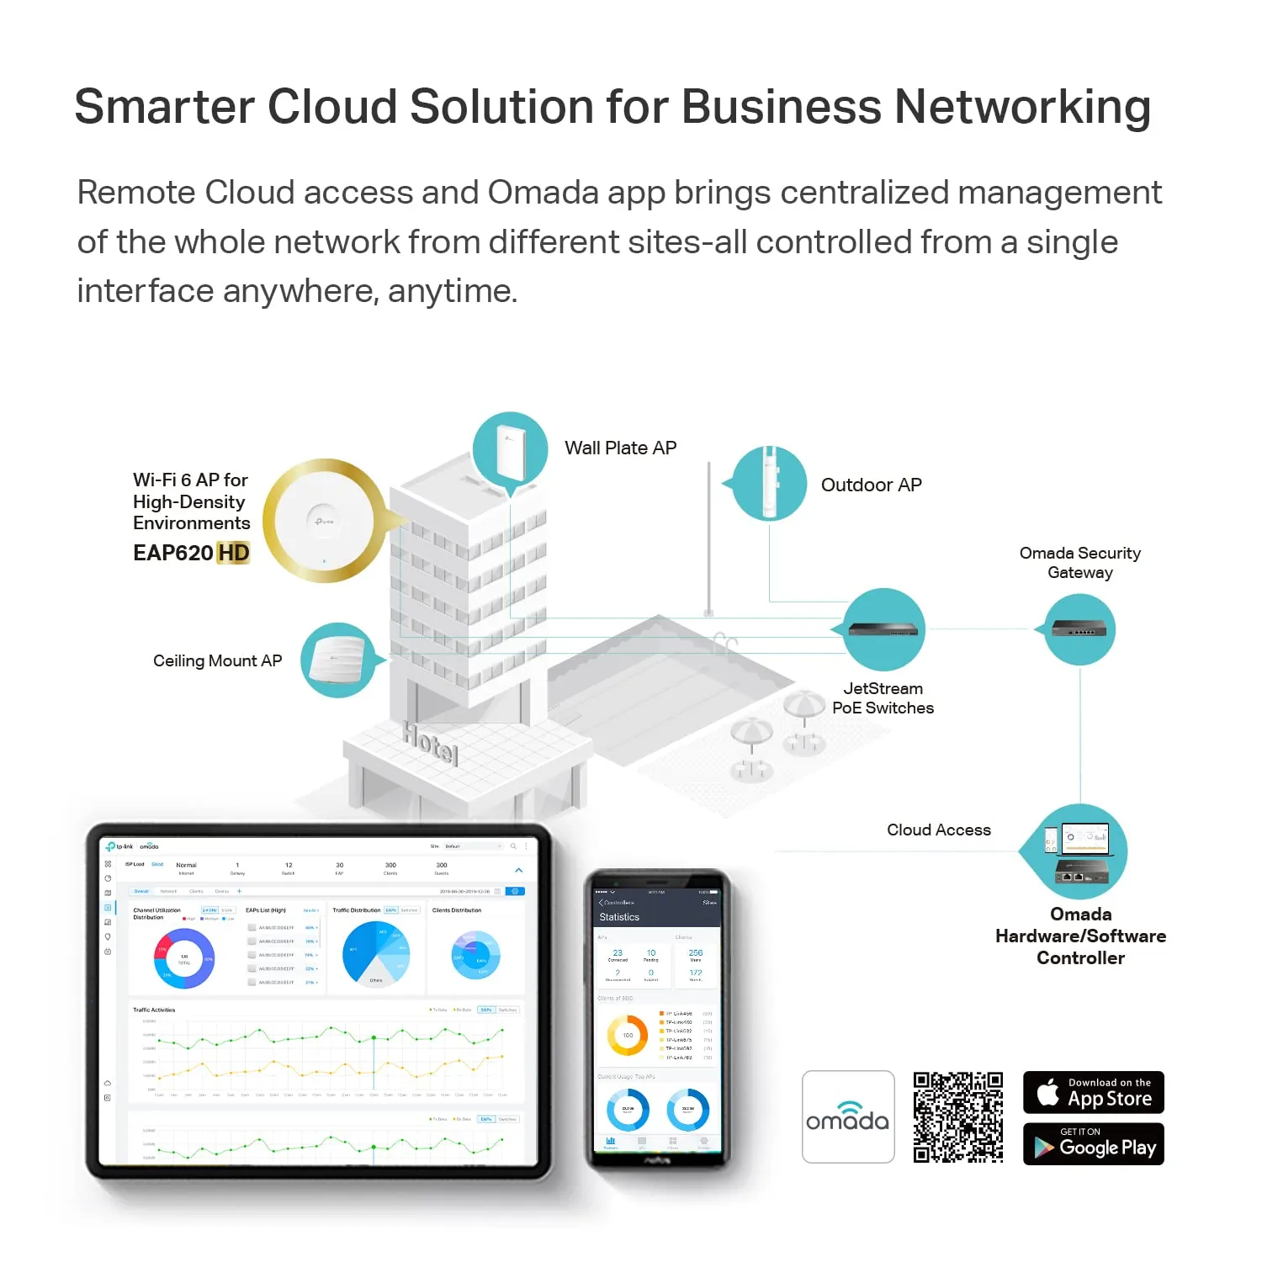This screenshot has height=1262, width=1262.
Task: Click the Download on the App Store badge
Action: coord(1093,1092)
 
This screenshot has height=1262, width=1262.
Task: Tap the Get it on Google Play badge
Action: coord(1093,1144)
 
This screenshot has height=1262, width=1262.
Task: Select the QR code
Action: coord(957,1116)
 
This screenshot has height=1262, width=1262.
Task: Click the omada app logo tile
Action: coord(847,1116)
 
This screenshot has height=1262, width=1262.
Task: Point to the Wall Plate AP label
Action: coord(620,448)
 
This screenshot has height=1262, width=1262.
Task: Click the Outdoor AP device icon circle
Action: coord(769,483)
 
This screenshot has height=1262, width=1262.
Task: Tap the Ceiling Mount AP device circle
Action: coord(338,660)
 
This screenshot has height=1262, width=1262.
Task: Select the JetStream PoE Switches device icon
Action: coord(884,630)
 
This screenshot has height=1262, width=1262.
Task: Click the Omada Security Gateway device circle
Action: coord(1079,629)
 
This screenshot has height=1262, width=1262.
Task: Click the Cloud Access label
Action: coord(938,830)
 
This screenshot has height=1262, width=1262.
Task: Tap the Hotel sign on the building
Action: coord(430,743)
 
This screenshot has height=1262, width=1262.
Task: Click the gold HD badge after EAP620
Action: coord(233,553)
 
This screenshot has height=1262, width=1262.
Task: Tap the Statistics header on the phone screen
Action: coord(619,917)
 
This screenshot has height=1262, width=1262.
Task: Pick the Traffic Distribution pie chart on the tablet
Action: coord(375,954)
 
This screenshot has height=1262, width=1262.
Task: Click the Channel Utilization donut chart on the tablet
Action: coord(183,958)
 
